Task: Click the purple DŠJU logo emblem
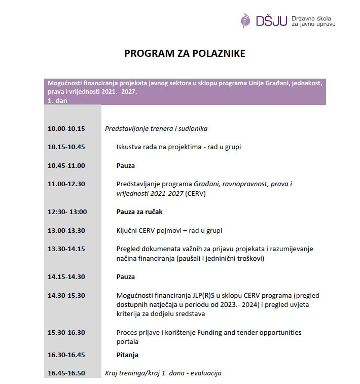click(x=246, y=20)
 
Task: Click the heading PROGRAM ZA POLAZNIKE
click(x=185, y=54)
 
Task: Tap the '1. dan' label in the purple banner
click(x=57, y=100)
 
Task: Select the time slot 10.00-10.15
click(x=66, y=129)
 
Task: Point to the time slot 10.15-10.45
click(x=66, y=147)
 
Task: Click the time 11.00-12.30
click(x=66, y=184)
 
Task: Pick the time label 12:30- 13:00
click(x=67, y=212)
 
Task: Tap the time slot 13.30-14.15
click(x=66, y=249)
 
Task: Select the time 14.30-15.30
click(x=66, y=295)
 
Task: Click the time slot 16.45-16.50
click(x=66, y=373)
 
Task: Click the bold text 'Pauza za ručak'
click(x=139, y=212)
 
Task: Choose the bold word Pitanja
click(x=127, y=355)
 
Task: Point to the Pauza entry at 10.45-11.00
click(x=126, y=165)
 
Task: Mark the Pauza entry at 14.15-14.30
click(x=126, y=277)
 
